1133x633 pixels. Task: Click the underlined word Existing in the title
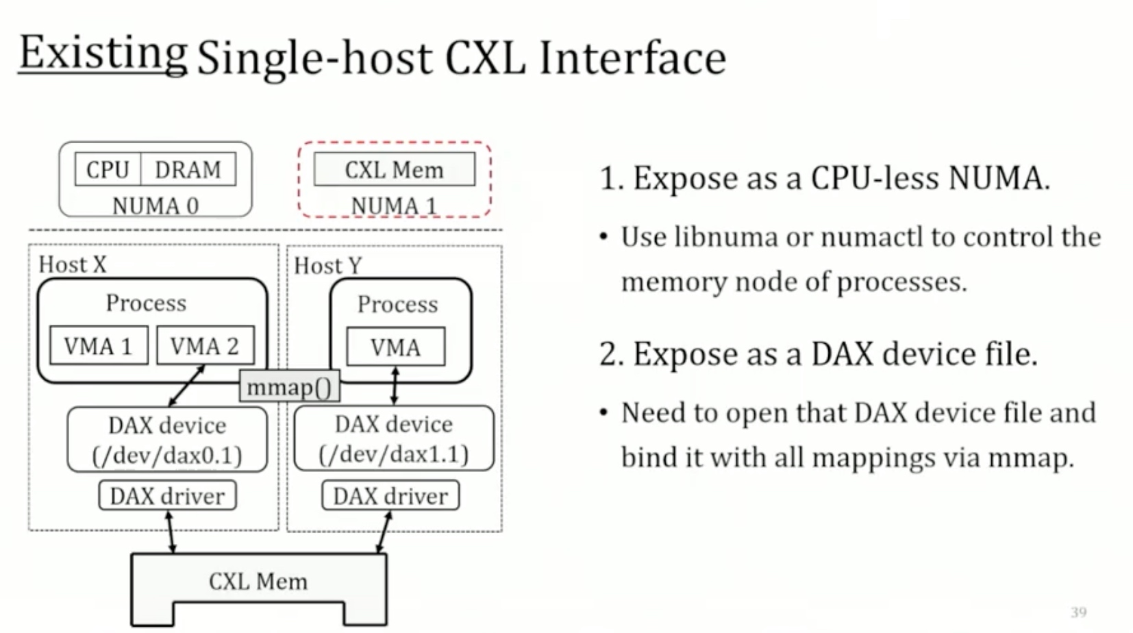pos(103,53)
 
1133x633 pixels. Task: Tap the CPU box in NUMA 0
pos(108,169)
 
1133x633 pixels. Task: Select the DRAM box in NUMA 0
pos(188,169)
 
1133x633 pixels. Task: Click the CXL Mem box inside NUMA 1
pos(395,169)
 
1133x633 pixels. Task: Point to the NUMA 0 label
pos(155,206)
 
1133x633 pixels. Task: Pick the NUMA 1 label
pos(393,206)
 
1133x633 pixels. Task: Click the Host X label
pos(73,264)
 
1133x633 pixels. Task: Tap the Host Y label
pos(328,265)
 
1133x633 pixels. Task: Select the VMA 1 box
pos(99,345)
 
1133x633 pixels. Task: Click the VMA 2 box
pos(206,345)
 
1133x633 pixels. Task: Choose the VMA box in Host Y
pos(396,347)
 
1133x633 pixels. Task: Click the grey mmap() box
pos(289,386)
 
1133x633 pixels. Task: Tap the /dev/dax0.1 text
pos(167,456)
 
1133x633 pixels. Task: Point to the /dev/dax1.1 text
pos(394,454)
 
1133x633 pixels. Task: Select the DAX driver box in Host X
pos(167,495)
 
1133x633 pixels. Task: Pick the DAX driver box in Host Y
pos(391,495)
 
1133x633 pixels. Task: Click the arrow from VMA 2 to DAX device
pos(186,386)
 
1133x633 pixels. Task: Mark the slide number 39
pos(1079,612)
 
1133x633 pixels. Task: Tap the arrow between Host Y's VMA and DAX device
pos(395,386)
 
